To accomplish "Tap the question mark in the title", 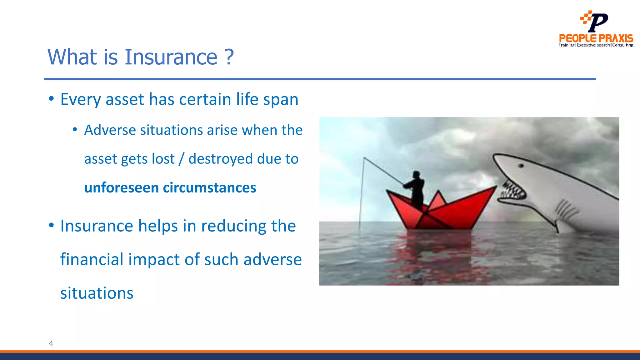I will (229, 57).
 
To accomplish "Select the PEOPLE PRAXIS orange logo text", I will (596, 38).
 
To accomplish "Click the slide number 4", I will (51, 343).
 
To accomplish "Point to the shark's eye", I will (521, 166).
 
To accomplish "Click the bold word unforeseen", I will (122, 188).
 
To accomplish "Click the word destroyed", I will (221, 159).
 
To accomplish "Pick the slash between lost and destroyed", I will (181, 159).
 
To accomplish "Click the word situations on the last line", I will (97, 293).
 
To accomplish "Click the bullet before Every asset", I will (51, 99).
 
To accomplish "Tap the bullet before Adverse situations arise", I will (75, 130).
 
